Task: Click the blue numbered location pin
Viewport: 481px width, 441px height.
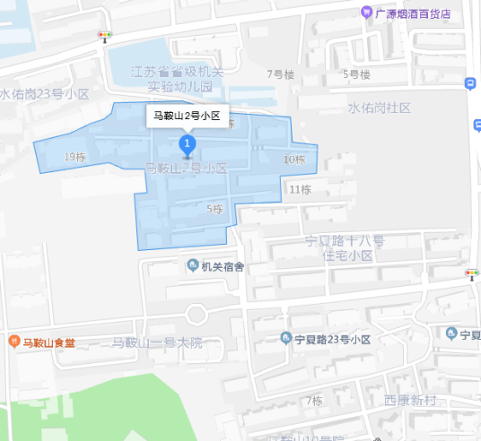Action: point(187,144)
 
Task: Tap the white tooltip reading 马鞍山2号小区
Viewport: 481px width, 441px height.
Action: point(187,116)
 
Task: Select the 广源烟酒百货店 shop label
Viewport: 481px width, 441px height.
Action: point(413,13)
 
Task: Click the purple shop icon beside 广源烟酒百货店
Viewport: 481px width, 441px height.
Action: point(367,13)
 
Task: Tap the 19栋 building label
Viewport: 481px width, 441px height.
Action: point(75,158)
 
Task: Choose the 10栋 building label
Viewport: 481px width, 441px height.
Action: point(294,160)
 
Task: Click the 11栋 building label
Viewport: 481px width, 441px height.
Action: point(300,189)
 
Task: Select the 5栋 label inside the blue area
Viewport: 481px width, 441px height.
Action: point(214,210)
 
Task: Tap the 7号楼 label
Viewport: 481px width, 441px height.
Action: point(280,74)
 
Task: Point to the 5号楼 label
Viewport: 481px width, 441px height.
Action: point(356,74)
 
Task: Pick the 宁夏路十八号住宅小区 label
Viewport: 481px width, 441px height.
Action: point(345,248)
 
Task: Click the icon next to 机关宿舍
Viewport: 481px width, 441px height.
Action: point(192,266)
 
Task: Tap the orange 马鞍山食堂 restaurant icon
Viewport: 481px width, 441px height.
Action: point(13,342)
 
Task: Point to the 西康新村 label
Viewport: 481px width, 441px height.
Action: point(409,401)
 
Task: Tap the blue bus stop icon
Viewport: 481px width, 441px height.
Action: point(470,83)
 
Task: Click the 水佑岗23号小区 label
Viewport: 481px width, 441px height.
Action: point(45,93)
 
